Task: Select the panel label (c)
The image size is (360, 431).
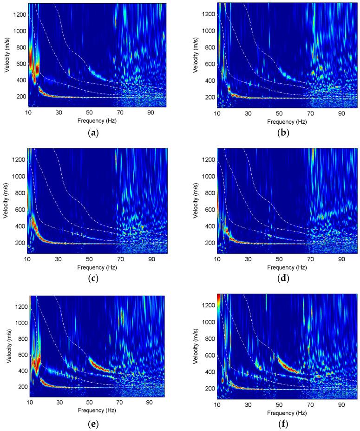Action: click(x=97, y=278)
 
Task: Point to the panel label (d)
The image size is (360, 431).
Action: click(x=287, y=278)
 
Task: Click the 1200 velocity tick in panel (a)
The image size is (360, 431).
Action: click(x=19, y=14)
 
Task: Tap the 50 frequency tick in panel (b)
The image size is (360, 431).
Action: click(x=278, y=113)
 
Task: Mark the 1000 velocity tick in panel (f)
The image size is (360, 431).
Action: click(x=209, y=322)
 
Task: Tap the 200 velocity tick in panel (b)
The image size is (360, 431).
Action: click(x=210, y=97)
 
